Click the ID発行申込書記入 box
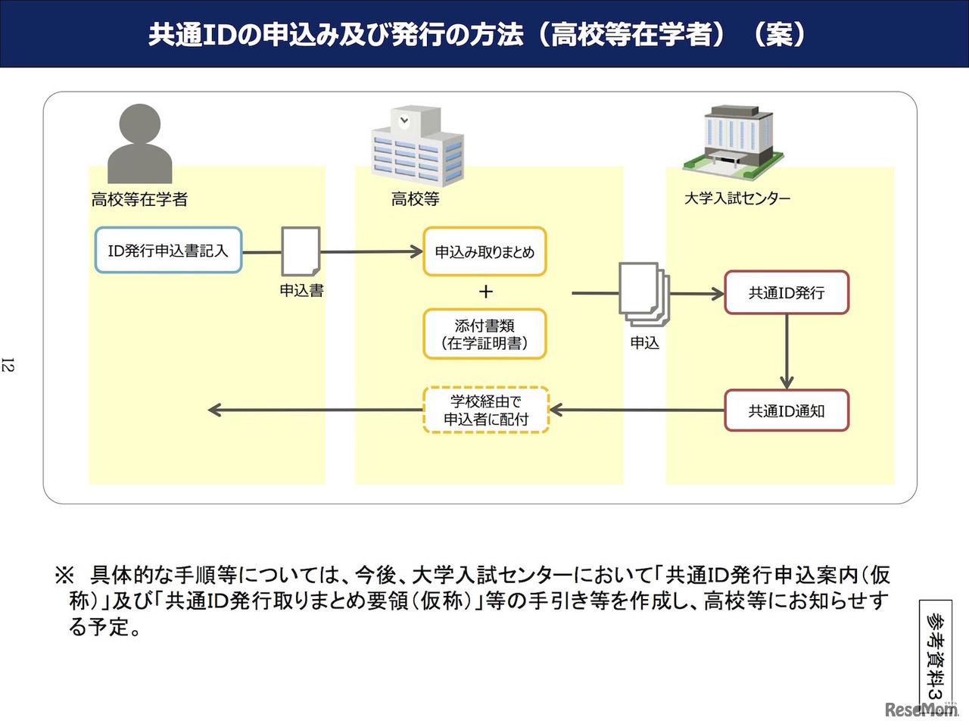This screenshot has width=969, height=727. click(168, 250)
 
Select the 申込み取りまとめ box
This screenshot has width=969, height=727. click(484, 251)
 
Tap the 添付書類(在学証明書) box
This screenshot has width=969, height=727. click(484, 334)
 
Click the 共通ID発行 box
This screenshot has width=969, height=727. click(787, 292)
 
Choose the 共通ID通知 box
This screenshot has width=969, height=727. click(787, 410)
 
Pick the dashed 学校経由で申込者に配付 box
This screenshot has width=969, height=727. click(485, 410)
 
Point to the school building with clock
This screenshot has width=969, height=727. click(417, 145)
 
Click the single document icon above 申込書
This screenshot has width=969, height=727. click(301, 251)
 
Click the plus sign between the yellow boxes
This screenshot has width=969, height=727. click(485, 292)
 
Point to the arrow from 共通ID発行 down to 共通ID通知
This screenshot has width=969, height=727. click(787, 352)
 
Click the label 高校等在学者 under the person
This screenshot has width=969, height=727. click(139, 199)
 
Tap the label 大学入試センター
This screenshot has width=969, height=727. click(737, 198)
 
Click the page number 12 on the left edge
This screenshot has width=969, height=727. click(8, 365)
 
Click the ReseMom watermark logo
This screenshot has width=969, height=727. click(921, 710)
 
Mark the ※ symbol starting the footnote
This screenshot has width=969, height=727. click(64, 575)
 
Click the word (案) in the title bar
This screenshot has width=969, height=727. click(780, 34)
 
